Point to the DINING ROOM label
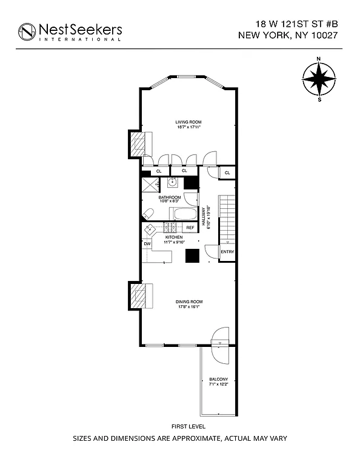pyautogui.click(x=189, y=302)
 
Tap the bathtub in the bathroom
pyautogui.click(x=183, y=214)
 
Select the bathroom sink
pyautogui.click(x=173, y=181)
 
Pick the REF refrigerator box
pyautogui.click(x=190, y=228)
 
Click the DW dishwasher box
pyautogui.click(x=147, y=244)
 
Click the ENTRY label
pyautogui.click(x=227, y=252)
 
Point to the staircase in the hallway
pyautogui.click(x=226, y=218)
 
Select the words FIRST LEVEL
pyautogui.click(x=180, y=427)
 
